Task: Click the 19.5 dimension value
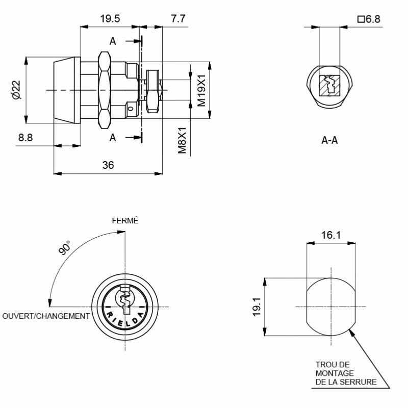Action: tap(110, 19)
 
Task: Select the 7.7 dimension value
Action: tap(178, 19)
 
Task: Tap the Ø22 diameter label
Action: tap(16, 90)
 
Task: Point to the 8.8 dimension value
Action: tap(25, 137)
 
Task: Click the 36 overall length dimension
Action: tap(108, 165)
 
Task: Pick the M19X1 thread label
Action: tap(201, 91)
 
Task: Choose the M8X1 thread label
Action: tap(182, 140)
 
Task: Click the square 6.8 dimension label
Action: tap(369, 19)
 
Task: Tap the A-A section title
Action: tap(329, 141)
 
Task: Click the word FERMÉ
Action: tap(125, 221)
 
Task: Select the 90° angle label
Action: tap(64, 247)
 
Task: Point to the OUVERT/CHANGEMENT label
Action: tap(46, 316)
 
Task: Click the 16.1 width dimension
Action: tap(331, 235)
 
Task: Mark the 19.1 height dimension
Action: tap(257, 307)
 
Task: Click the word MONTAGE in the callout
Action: tap(335, 373)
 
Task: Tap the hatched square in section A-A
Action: tap(329, 86)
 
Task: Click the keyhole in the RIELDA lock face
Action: tap(125, 299)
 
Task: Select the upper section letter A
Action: tap(113, 41)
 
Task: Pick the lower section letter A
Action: tap(113, 137)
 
